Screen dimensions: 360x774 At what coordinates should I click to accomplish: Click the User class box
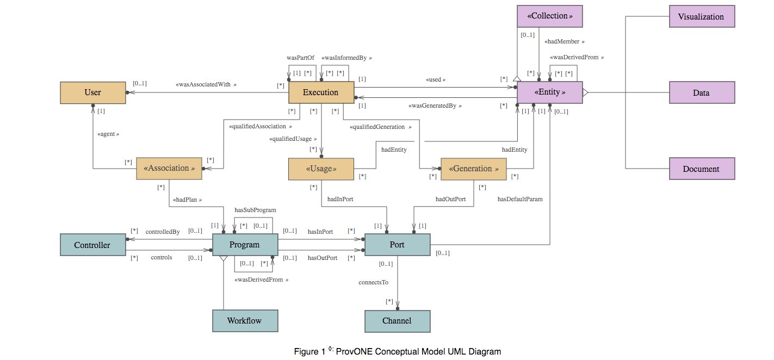pyautogui.click(x=92, y=92)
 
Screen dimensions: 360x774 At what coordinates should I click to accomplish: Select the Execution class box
pyautogui.click(x=321, y=92)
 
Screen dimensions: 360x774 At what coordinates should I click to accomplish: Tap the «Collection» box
pyautogui.click(x=549, y=16)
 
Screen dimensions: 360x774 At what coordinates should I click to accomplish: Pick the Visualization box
pyautogui.click(x=701, y=16)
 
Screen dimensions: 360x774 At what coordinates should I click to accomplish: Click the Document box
pyautogui.click(x=701, y=169)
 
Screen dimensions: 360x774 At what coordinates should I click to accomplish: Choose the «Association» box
pyautogui.click(x=169, y=169)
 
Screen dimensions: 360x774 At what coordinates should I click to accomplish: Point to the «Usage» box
pyautogui.click(x=321, y=169)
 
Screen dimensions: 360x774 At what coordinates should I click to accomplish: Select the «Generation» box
pyautogui.click(x=473, y=169)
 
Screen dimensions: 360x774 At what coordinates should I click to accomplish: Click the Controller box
pyautogui.click(x=92, y=245)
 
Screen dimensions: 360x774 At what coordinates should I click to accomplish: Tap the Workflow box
pyautogui.click(x=245, y=321)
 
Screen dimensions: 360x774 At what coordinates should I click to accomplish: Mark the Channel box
pyautogui.click(x=397, y=321)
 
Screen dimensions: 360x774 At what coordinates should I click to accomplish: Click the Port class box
pyautogui.click(x=397, y=245)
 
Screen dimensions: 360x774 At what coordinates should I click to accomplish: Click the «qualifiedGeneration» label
pyautogui.click(x=380, y=127)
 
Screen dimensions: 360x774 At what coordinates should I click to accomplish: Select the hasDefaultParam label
pyautogui.click(x=520, y=199)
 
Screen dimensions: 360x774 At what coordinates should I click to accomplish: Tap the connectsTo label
pyautogui.click(x=373, y=282)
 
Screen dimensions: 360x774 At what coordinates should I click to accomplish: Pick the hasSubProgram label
pyautogui.click(x=255, y=210)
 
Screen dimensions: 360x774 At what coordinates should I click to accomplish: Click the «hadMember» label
pyautogui.click(x=565, y=41)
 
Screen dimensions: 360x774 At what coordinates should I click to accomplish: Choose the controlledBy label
pyautogui.click(x=162, y=232)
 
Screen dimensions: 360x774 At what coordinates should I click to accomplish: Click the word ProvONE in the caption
pyautogui.click(x=354, y=351)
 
